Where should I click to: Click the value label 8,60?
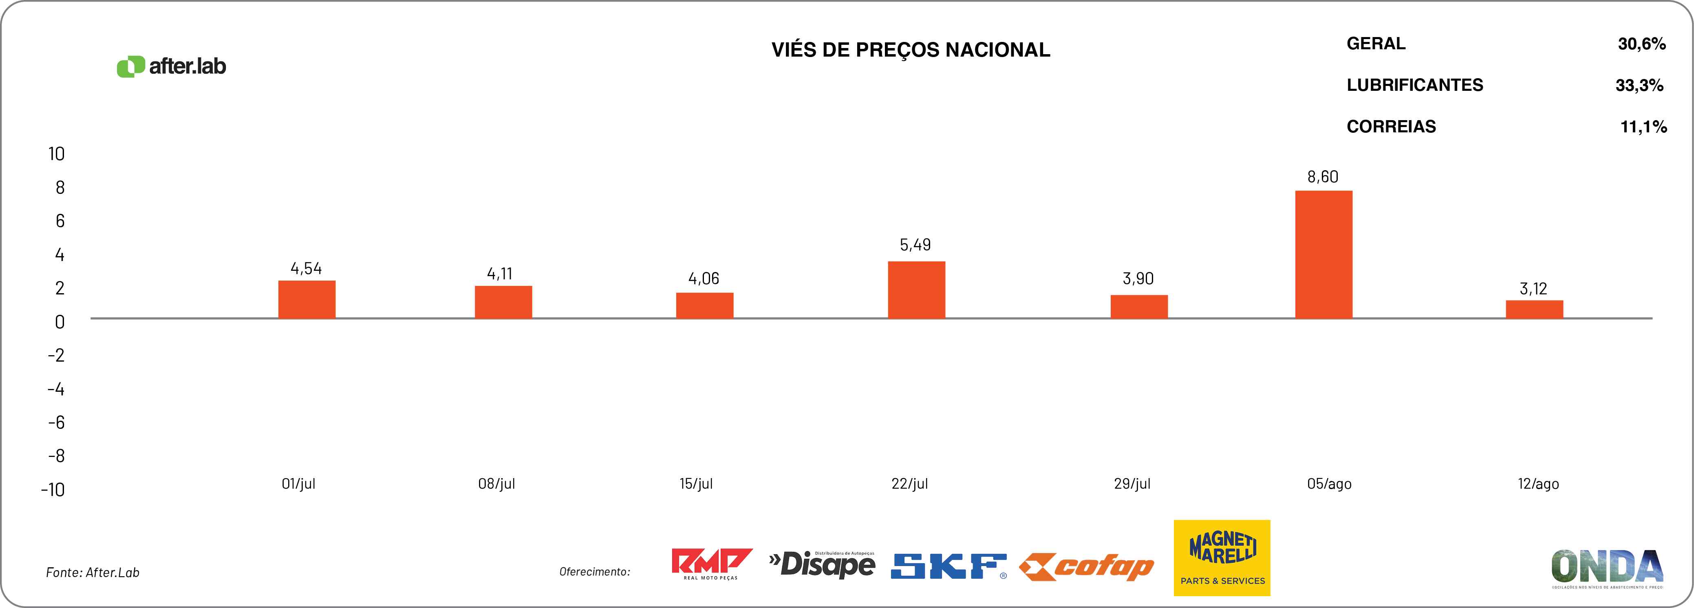click(1322, 177)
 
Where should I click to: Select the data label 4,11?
click(500, 273)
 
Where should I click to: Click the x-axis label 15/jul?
click(696, 484)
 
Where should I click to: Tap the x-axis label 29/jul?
click(1132, 484)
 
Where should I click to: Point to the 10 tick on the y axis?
click(57, 154)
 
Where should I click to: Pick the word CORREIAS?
click(1391, 126)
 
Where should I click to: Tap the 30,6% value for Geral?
click(1641, 44)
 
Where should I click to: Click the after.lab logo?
click(172, 66)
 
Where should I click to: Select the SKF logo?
click(948, 566)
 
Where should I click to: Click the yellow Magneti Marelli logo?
click(1222, 558)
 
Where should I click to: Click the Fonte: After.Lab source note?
click(93, 573)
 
